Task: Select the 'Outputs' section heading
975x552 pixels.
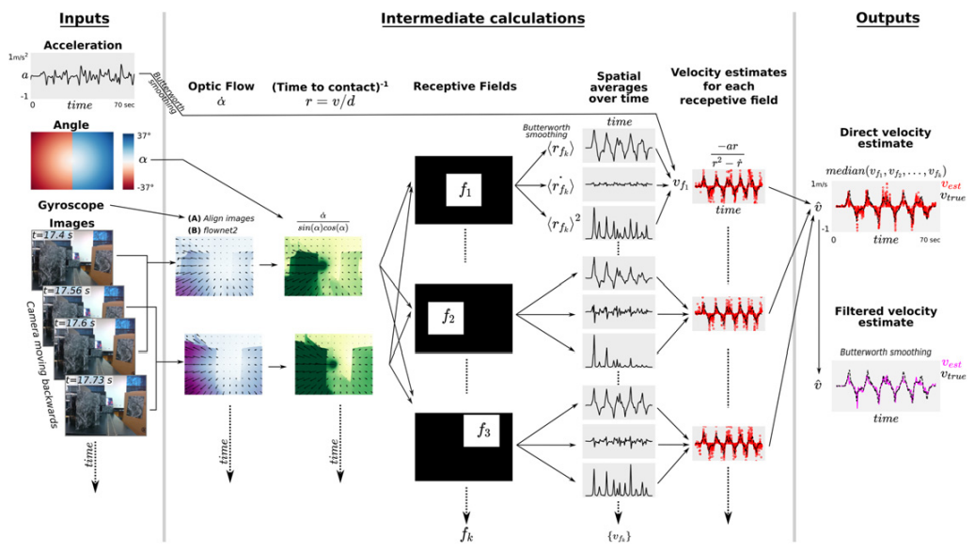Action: click(x=888, y=18)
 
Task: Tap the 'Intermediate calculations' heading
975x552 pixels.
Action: click(x=482, y=18)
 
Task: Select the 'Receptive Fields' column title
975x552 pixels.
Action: click(x=464, y=87)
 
